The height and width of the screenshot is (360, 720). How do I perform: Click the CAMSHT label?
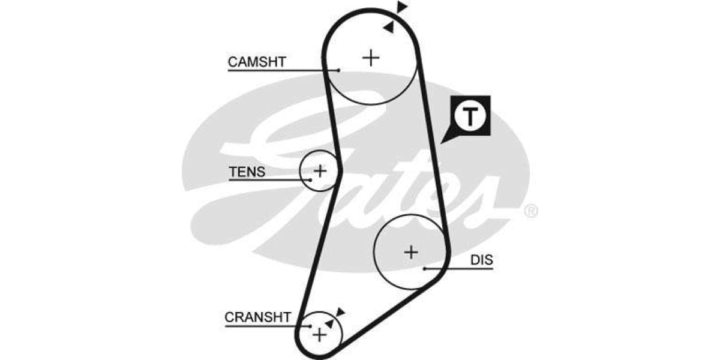(x=257, y=61)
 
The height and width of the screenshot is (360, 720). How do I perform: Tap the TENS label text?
(x=247, y=172)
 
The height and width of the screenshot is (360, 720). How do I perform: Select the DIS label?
(x=481, y=260)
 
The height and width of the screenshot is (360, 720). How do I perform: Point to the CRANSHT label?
(x=258, y=317)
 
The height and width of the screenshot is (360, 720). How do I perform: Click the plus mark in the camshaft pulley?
(x=371, y=58)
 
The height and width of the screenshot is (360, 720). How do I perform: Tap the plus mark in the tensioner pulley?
(x=320, y=170)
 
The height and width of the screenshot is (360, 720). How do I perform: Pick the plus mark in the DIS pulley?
(x=410, y=252)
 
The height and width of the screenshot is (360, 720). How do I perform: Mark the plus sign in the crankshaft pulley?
(x=320, y=334)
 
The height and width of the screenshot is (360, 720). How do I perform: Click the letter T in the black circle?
(x=472, y=116)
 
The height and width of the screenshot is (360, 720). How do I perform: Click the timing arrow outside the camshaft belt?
(x=401, y=7)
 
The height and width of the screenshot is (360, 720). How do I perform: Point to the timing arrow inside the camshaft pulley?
(x=389, y=26)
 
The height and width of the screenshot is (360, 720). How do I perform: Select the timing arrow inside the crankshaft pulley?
(x=329, y=323)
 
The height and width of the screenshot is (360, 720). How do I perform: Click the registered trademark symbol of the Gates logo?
(x=531, y=211)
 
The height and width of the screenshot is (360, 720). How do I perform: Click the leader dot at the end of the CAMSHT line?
(x=339, y=70)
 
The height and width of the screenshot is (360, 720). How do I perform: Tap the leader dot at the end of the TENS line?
(x=311, y=179)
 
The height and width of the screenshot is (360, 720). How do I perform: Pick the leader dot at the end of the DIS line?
(x=424, y=268)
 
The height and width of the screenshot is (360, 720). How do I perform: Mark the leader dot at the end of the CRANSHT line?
(x=310, y=326)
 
